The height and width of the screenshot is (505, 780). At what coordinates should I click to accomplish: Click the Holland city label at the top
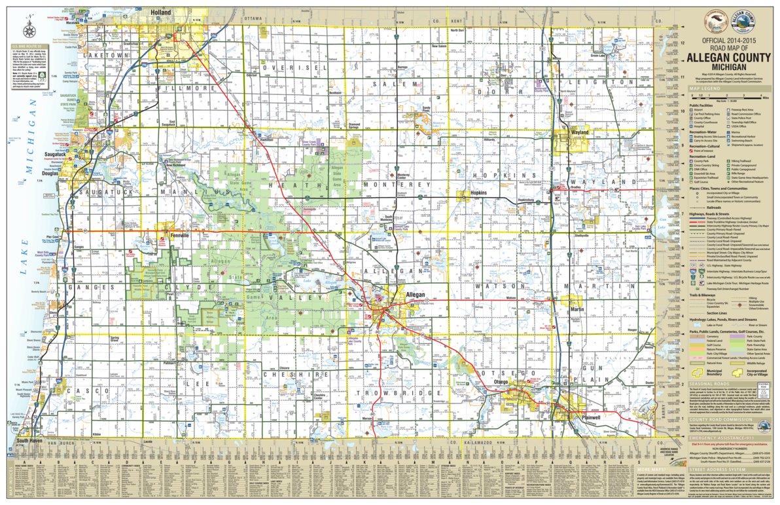click(160, 12)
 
